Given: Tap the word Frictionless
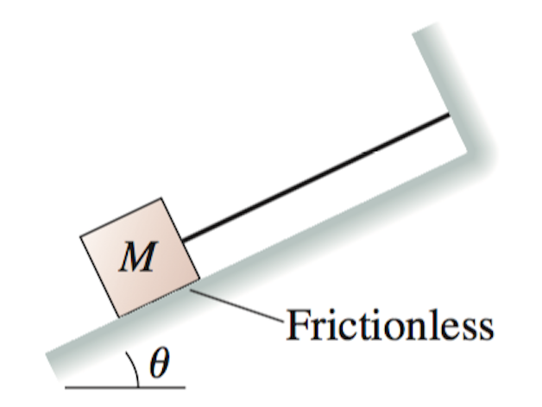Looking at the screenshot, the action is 389,326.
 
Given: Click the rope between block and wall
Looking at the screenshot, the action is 315,176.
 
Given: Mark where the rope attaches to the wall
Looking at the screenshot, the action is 450,115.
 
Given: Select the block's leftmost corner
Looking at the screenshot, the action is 80,235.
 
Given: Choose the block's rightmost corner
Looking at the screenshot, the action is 199,279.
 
